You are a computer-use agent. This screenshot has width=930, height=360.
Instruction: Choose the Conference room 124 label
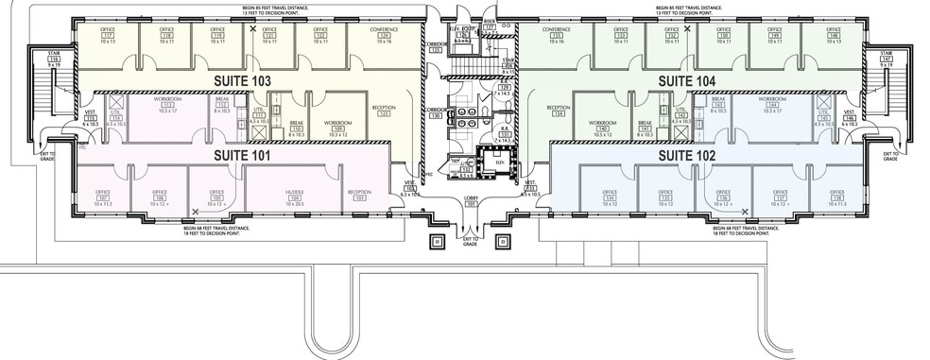coord(383,36)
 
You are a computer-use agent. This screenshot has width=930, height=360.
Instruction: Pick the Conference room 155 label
coord(555,36)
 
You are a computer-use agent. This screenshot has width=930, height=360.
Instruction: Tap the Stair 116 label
coord(54,60)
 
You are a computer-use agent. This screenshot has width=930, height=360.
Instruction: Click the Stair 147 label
coord(886,60)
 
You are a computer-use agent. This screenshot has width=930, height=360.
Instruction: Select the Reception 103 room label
coord(358,197)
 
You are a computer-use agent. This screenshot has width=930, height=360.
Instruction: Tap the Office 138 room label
coord(835,197)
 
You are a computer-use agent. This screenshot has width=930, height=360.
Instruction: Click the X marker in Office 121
coord(252,29)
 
